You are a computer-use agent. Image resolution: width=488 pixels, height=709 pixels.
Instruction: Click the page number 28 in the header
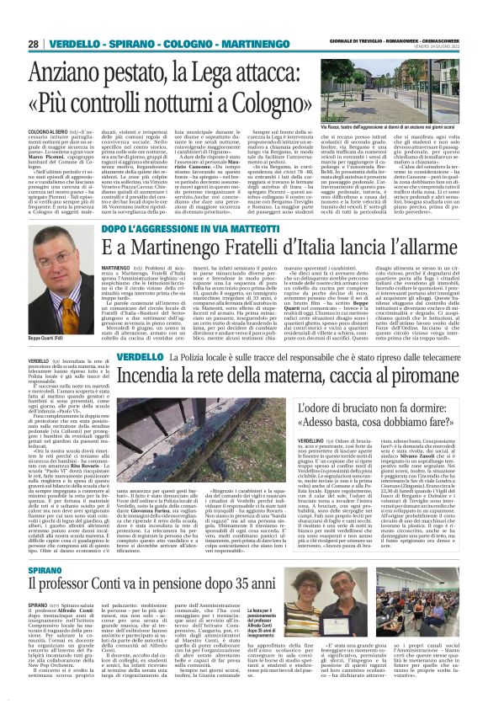pyautogui.click(x=34, y=43)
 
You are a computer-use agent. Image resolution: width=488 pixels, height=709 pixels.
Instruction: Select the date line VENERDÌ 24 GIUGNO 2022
pyautogui.click(x=437, y=48)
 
